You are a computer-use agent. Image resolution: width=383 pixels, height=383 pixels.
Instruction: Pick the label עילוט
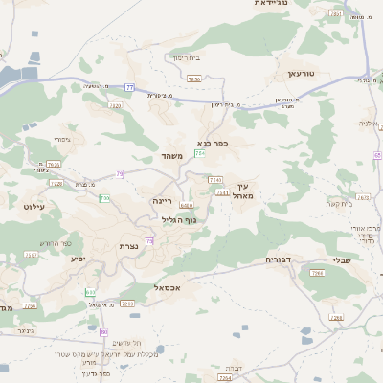click(33, 207)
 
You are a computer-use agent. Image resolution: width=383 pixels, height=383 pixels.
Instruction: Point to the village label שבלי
click(342, 259)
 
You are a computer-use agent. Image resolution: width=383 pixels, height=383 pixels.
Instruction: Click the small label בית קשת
click(340, 203)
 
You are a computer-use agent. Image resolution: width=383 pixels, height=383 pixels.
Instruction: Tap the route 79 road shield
click(120, 174)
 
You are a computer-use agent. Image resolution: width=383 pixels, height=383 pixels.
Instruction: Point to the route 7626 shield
click(114, 106)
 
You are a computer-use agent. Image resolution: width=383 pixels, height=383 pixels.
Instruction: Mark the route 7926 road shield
click(193, 79)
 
